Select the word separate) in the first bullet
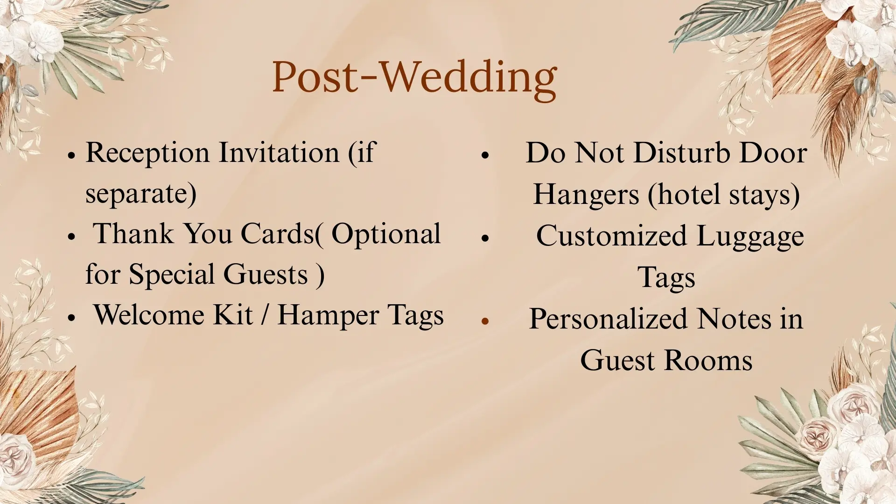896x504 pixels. coord(141,194)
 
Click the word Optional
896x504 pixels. coord(386,235)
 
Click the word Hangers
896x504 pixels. coord(586,196)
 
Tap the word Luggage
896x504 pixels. coord(750,237)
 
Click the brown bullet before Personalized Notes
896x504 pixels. coord(485,321)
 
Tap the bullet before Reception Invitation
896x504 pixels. coord(71,155)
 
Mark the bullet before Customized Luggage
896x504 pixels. coord(485,238)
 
